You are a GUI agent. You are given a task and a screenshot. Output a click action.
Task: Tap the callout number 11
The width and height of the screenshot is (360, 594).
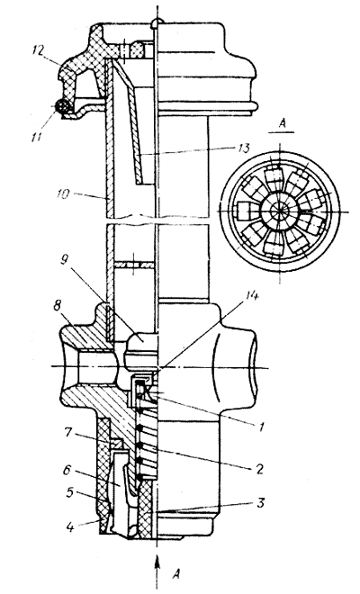(x=37, y=136)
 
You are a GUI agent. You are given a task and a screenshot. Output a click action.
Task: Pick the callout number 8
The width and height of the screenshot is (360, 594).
(x=57, y=306)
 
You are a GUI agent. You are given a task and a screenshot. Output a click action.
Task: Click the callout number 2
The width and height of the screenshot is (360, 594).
(x=258, y=469)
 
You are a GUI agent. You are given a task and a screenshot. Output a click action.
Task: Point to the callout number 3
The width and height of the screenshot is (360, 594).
(x=259, y=504)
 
